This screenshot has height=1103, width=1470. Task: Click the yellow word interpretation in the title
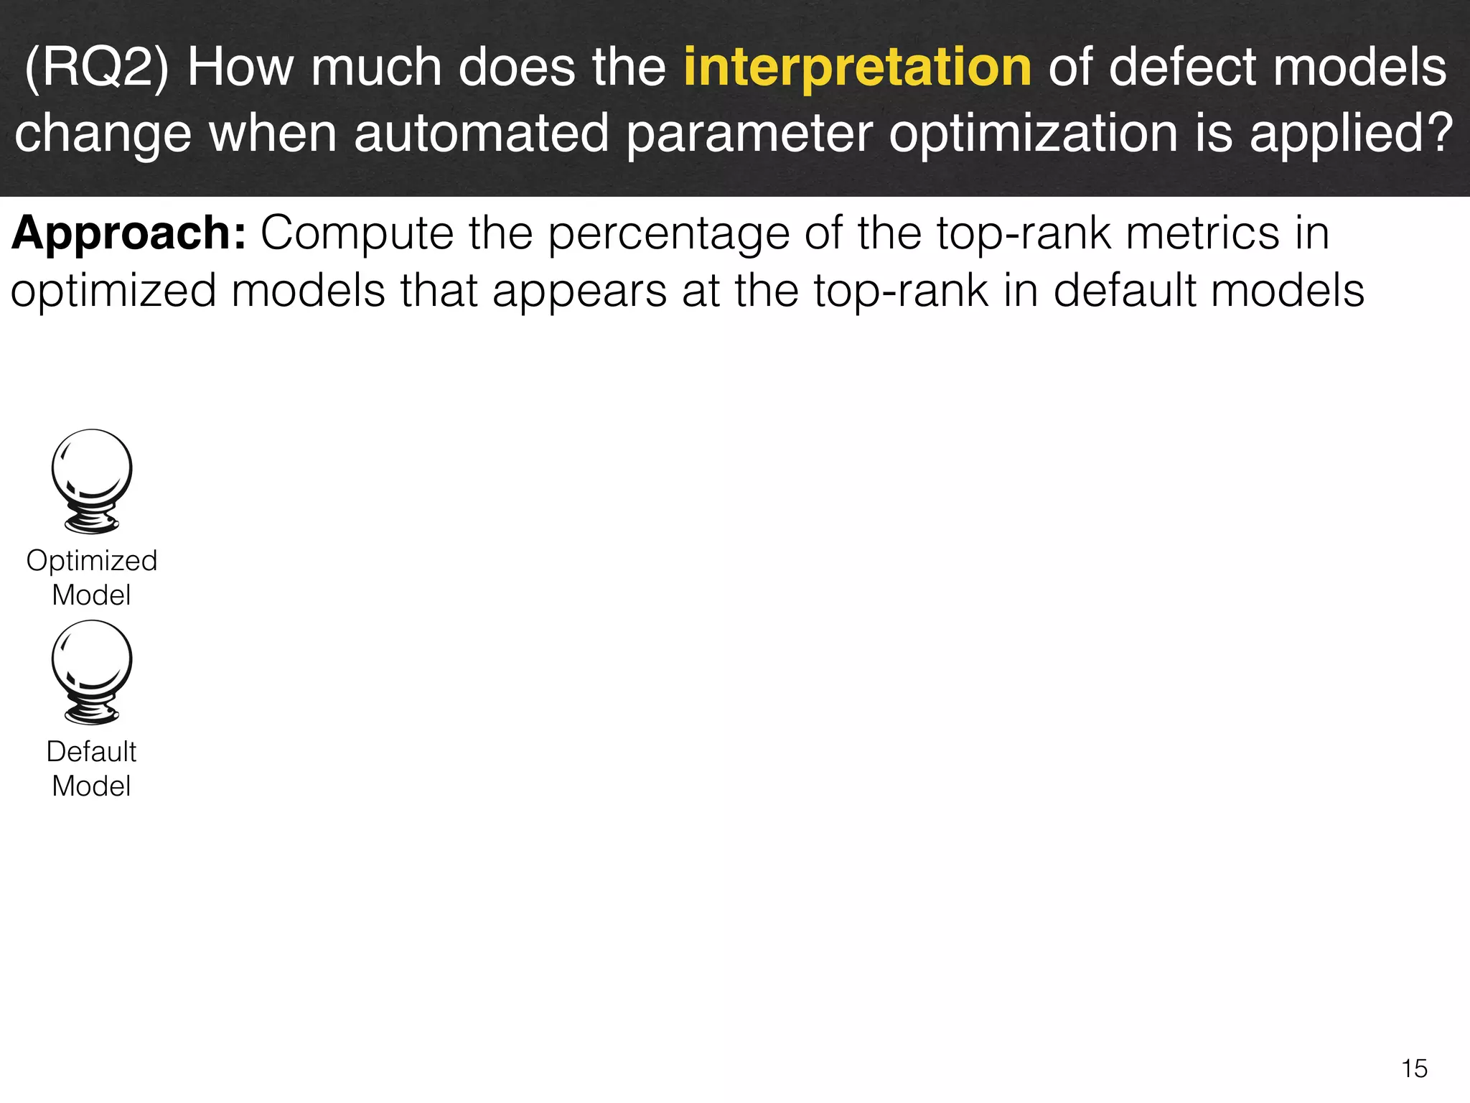[857, 68]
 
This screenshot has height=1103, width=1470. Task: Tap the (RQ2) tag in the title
[96, 68]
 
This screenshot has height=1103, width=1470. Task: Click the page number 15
[1414, 1069]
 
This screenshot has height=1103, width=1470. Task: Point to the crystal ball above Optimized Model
[92, 480]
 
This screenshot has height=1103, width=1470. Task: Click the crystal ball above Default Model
[92, 671]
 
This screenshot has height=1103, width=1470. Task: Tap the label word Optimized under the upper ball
[92, 561]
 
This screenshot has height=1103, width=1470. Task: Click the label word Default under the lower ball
[92, 752]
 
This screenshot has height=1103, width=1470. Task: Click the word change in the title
[103, 135]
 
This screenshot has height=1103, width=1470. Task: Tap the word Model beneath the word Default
[92, 786]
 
